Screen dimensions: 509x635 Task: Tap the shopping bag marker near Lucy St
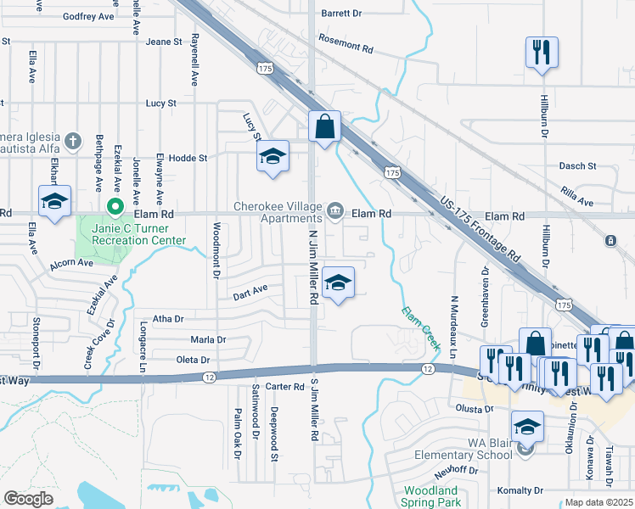(x=324, y=128)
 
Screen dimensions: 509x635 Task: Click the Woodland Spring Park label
(x=430, y=496)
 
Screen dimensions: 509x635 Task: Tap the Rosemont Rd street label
(x=346, y=44)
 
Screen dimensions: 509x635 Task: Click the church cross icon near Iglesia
(x=73, y=140)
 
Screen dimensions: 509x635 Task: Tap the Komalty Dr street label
(x=520, y=490)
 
